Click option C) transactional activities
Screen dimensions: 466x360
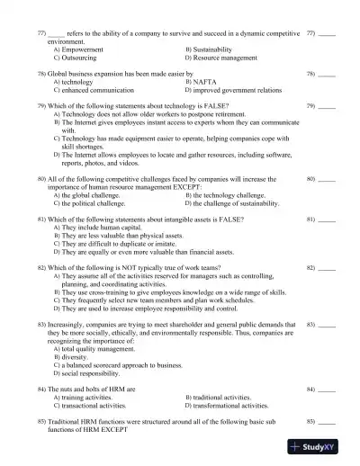click(90, 406)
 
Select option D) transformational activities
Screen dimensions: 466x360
click(237, 406)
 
